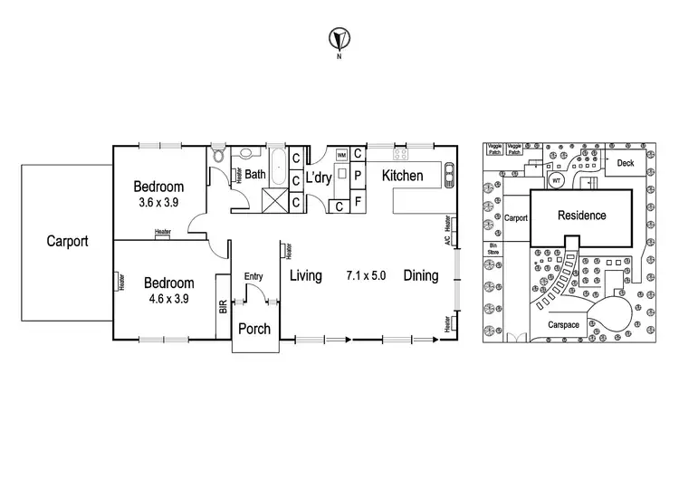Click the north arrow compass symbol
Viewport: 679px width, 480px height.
(339, 40)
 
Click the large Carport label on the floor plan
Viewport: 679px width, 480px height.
(68, 242)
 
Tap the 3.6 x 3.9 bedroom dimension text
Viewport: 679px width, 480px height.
(158, 203)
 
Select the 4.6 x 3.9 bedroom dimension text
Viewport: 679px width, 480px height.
(168, 298)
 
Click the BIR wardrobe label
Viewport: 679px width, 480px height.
(223, 307)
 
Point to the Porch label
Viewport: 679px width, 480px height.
(253, 329)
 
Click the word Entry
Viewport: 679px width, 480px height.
(253, 277)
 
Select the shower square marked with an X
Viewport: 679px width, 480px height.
(274, 198)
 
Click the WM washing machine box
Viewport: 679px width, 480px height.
(341, 156)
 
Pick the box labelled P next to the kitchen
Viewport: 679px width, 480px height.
(358, 175)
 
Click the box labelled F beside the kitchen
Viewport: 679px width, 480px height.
(358, 201)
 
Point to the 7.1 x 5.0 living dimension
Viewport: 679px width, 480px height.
(367, 275)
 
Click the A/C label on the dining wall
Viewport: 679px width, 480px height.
(447, 242)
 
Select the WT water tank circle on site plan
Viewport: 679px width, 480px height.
(556, 180)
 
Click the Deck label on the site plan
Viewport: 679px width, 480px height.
(625, 164)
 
